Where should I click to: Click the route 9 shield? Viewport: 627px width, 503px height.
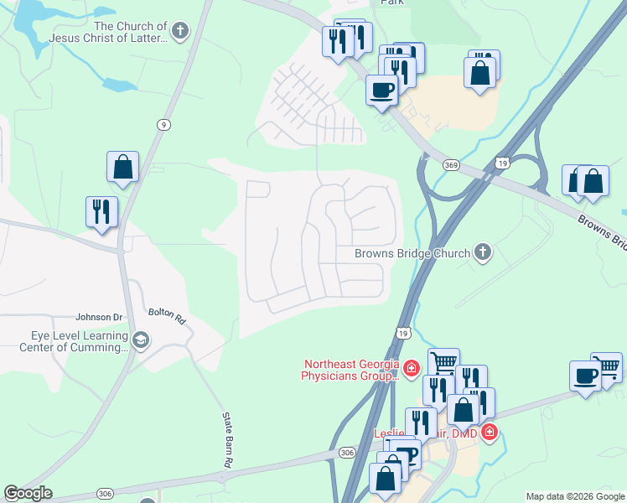click(x=163, y=124)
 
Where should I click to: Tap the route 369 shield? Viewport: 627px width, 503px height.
click(x=451, y=166)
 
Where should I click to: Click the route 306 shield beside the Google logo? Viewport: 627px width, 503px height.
click(x=104, y=493)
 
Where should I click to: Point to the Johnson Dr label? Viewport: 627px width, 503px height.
click(x=99, y=317)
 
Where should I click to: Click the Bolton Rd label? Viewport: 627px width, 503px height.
click(x=167, y=314)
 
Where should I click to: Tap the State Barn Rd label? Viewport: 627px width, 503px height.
click(x=227, y=439)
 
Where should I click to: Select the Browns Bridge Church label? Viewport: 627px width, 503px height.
click(x=412, y=252)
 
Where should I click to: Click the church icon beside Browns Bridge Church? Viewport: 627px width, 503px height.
click(x=482, y=251)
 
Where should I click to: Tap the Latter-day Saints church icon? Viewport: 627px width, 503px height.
click(x=179, y=32)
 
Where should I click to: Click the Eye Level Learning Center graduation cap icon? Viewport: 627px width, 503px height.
click(x=141, y=340)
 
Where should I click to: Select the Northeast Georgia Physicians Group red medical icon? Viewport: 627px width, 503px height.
click(x=412, y=367)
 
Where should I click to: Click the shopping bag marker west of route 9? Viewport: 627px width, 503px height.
click(x=122, y=167)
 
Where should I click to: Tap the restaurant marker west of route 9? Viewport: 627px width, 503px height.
click(x=101, y=211)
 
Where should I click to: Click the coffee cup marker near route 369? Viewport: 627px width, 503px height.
click(x=381, y=89)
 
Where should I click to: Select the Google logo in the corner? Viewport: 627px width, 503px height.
click(x=28, y=493)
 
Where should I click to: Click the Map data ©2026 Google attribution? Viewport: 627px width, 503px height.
click(x=574, y=496)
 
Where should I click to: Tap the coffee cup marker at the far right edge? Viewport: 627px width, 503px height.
click(x=585, y=376)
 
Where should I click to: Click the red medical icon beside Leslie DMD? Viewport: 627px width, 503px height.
click(x=490, y=433)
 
